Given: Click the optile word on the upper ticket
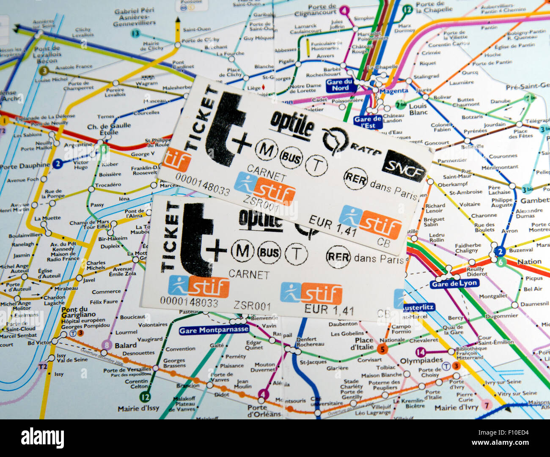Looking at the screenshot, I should (x=292, y=123).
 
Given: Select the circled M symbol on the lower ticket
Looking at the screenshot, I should (x=242, y=251).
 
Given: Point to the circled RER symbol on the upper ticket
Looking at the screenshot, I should (x=356, y=179).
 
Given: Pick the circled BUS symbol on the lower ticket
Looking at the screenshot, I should (x=269, y=253).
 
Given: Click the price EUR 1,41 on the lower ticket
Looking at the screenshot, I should (x=329, y=310).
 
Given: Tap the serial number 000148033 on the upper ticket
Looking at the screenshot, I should (x=203, y=185).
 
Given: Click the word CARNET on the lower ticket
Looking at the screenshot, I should (x=249, y=274).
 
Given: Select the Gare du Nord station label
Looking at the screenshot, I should (x=340, y=85).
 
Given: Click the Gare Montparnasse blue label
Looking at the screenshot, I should (x=214, y=330).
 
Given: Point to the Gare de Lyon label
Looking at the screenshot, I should (x=454, y=284).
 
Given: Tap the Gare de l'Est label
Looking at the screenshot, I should (x=368, y=122).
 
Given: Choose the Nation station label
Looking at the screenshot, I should (x=529, y=262).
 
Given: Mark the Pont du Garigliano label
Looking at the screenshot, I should (x=80, y=309).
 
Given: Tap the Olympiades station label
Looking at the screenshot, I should (x=421, y=361).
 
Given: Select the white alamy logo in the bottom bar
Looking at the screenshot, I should (x=42, y=438).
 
